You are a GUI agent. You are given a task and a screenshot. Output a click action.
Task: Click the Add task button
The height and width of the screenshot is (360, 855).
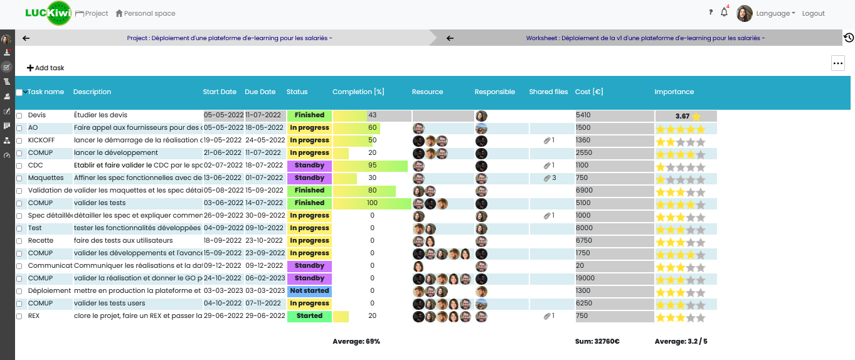(46, 68)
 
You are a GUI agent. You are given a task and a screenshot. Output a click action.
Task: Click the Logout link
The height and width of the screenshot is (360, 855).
(813, 13)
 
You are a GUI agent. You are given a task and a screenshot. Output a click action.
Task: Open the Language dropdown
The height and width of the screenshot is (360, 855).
(775, 13)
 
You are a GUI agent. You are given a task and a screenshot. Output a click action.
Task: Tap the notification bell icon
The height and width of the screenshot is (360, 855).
(725, 13)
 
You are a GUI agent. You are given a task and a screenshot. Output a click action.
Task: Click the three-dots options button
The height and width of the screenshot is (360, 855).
(837, 63)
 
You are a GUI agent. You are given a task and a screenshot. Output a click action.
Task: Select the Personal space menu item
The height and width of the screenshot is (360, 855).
(146, 13)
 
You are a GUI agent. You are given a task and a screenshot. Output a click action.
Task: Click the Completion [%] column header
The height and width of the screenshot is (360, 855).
(358, 92)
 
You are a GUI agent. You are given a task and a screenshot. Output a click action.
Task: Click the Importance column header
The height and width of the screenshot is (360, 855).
(674, 92)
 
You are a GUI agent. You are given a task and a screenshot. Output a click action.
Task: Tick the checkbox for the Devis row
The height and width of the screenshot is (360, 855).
(19, 115)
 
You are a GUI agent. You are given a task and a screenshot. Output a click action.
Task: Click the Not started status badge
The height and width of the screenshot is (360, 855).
(309, 291)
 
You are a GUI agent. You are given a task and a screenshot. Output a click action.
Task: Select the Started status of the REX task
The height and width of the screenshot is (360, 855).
(309, 316)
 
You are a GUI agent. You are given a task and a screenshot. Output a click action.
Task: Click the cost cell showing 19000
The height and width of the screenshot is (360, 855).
(586, 278)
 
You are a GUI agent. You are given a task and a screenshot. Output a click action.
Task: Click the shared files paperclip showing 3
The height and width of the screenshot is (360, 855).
(550, 178)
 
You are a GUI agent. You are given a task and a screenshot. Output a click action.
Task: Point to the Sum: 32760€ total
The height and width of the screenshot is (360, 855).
(597, 342)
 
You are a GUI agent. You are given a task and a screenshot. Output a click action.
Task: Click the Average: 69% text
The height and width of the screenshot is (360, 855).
(356, 342)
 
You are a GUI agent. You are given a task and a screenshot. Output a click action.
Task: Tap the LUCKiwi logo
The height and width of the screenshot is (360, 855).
(48, 13)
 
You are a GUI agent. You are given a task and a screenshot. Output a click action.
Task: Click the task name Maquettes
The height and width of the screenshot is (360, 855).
(46, 178)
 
